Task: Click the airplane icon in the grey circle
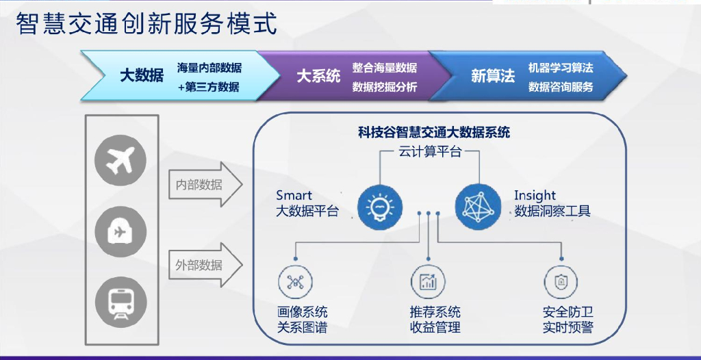pos(120,160)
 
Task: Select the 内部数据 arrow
pos(203,185)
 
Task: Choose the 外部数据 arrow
pos(203,265)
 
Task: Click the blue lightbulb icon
pos(379,205)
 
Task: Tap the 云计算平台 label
pos(430,152)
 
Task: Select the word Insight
pos(535,196)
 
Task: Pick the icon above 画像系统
pos(295,282)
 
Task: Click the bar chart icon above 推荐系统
pos(429,282)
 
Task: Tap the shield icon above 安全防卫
pos(561,282)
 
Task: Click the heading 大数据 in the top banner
pos(142,75)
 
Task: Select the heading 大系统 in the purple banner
pos(318,75)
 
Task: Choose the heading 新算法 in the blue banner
pos(493,76)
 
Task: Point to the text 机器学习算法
pos(560,68)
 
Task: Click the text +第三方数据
pos(209,87)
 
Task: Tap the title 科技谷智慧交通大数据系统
pos(434,132)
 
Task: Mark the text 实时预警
pos(568,327)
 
